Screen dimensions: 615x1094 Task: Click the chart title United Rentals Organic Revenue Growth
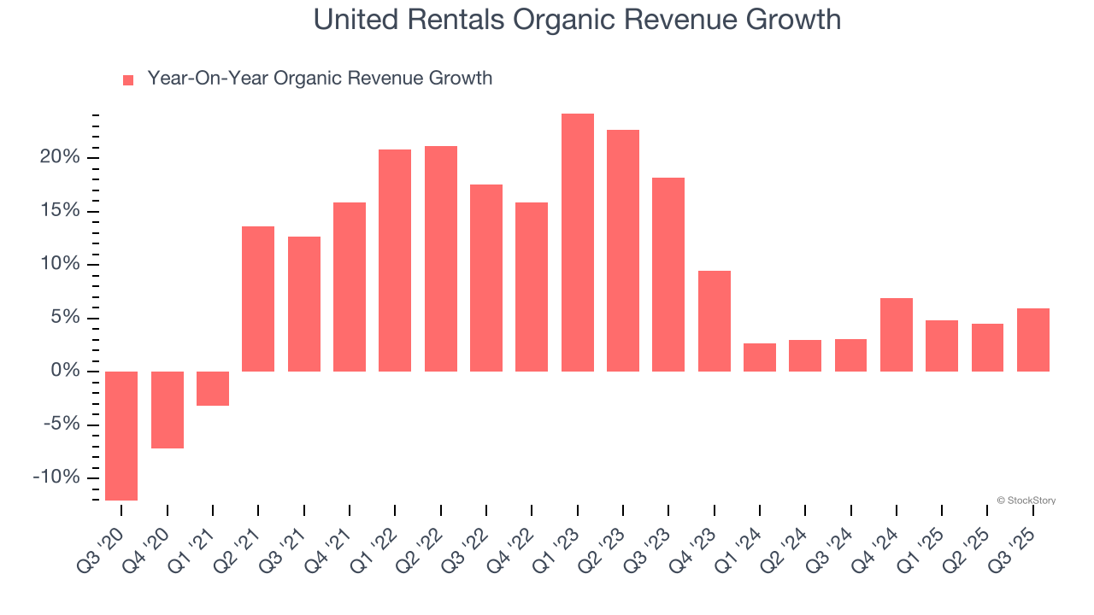577,20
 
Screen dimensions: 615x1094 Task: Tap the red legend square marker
128,79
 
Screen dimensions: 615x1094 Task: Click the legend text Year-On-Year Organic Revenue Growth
320,79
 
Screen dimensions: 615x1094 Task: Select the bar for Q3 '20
121,436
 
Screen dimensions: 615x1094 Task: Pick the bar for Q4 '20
168,410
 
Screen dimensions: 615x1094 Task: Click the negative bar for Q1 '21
213,389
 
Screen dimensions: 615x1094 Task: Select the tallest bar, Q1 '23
578,243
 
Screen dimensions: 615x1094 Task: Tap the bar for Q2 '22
441,259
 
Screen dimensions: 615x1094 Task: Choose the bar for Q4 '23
715,321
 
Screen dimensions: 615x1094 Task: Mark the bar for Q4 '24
897,335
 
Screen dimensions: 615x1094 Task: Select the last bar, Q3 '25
1033,340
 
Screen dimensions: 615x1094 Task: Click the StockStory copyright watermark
1026,501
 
